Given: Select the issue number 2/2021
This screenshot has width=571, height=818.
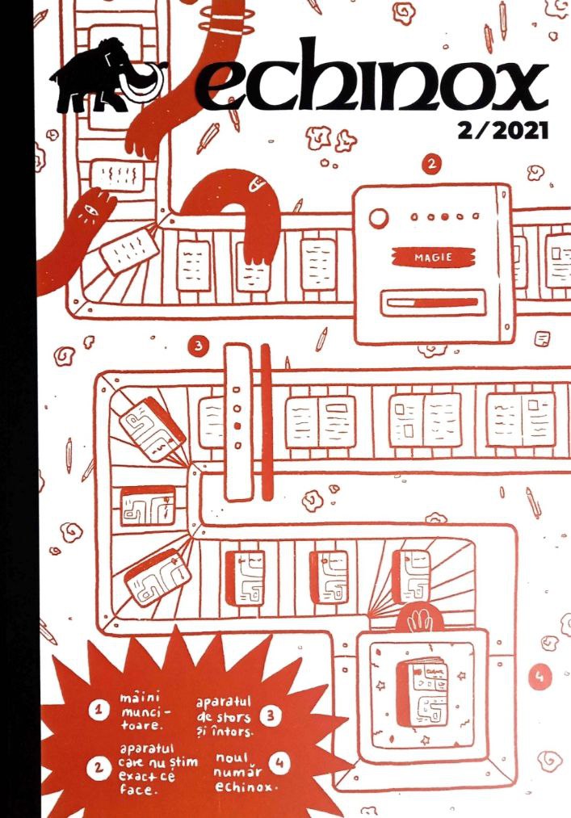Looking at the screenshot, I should [x=500, y=132].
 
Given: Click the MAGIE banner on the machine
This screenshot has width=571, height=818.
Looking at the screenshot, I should [x=433, y=258].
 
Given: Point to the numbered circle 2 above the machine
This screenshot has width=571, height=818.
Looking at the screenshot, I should [x=433, y=165].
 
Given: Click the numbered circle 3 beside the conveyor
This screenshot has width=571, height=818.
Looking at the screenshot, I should [x=198, y=346].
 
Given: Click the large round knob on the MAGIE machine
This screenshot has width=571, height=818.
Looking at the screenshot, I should [x=378, y=218].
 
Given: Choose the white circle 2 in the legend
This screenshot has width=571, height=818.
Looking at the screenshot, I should [x=99, y=768].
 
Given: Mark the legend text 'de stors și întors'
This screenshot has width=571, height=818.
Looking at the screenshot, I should [x=226, y=724].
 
